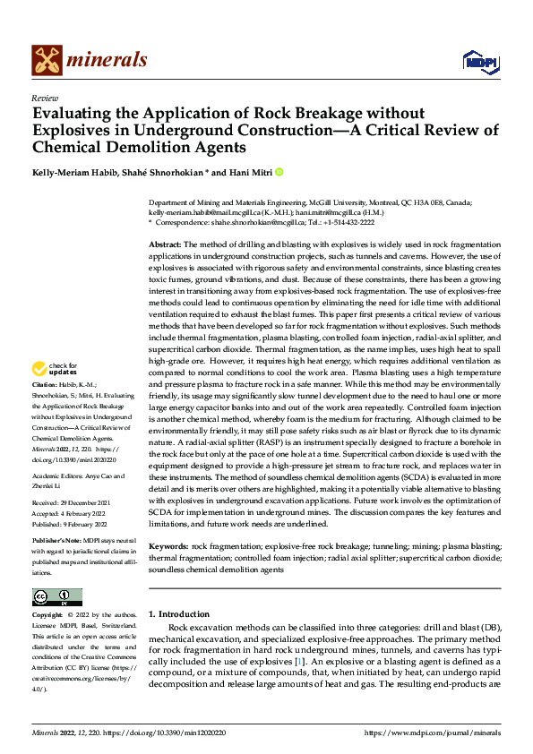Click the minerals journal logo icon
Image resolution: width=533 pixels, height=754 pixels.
click(47, 60)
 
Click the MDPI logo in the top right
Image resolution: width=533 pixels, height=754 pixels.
click(476, 60)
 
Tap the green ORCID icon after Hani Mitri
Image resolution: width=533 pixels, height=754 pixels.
click(279, 171)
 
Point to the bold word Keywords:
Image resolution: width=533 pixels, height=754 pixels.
click(168, 545)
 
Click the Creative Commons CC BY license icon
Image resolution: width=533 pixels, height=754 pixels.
click(56, 597)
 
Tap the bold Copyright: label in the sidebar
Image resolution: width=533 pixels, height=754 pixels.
click(48, 616)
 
